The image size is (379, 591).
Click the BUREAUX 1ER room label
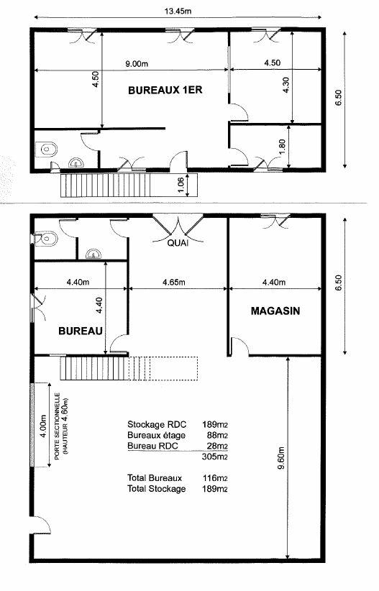pos(165,91)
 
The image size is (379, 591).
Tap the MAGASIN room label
pos(275,311)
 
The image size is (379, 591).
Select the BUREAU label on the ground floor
pos(81,331)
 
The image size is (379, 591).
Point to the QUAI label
pos(178,244)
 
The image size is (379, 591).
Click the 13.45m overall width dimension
pos(178,12)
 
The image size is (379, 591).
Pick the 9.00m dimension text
pos(137,64)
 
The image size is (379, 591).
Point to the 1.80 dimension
pos(282,147)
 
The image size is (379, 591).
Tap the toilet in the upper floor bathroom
pos(47,150)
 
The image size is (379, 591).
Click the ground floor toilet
pos(46,239)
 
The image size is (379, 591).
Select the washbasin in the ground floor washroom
pos(93,254)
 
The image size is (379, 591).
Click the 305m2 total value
pos(215,457)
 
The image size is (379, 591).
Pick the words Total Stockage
pos(157,489)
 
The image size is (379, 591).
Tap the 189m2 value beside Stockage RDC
pos(215,425)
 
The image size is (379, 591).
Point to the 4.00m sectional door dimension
pos(43,426)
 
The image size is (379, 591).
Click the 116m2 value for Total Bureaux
pos(215,478)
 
